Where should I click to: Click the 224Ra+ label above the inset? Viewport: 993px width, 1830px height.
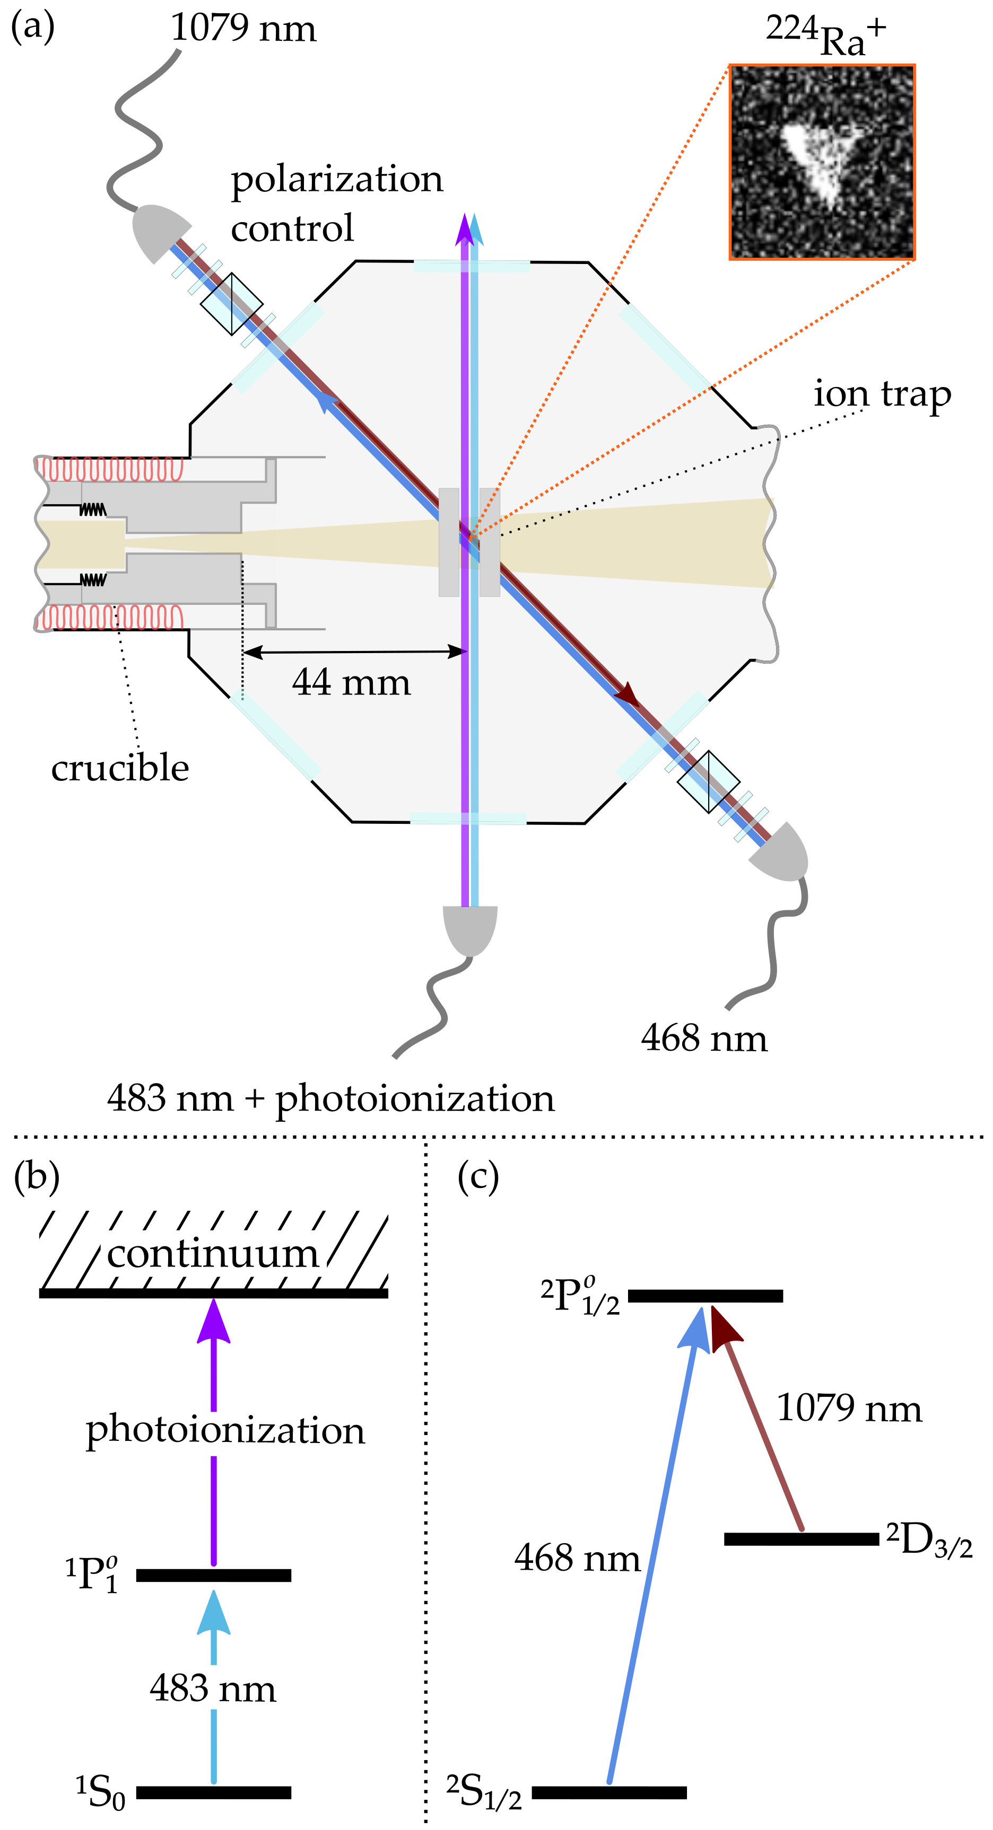click(x=824, y=36)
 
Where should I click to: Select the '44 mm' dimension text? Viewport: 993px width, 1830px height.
click(x=351, y=683)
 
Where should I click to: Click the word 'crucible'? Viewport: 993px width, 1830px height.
click(x=120, y=769)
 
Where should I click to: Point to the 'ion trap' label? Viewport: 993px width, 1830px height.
click(x=882, y=394)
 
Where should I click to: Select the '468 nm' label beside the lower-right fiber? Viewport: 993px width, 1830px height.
click(x=704, y=1039)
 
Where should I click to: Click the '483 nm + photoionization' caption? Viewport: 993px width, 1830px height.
click(x=330, y=1098)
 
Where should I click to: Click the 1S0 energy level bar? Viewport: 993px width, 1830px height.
click(x=213, y=1792)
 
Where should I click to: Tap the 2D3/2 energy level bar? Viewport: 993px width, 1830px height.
click(x=801, y=1539)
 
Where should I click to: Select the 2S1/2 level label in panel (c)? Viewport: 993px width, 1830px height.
click(x=483, y=1792)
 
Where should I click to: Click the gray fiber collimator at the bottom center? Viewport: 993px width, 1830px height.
click(x=470, y=928)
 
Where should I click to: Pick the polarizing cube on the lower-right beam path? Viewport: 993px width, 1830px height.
click(x=708, y=781)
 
